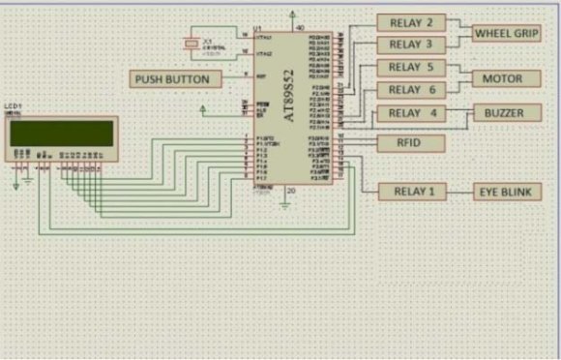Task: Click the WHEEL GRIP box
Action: [503, 34]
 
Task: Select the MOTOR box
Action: [503, 78]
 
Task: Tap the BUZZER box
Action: [503, 113]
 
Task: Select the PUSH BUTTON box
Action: [175, 77]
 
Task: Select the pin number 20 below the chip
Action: [291, 193]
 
